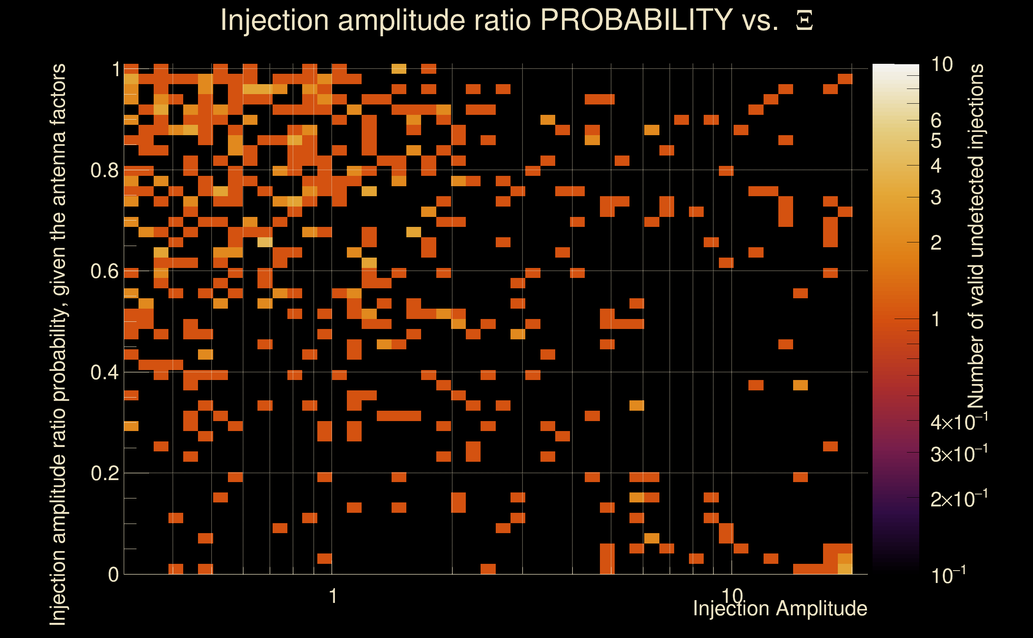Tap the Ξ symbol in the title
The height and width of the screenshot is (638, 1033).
click(804, 21)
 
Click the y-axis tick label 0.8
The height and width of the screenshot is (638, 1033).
click(104, 171)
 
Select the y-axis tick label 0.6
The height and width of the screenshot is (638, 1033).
click(104, 271)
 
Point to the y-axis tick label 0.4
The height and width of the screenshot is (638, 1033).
click(104, 372)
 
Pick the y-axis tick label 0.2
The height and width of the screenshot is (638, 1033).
click(104, 473)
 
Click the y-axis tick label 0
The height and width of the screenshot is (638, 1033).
click(113, 574)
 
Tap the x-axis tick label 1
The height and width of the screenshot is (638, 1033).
click(333, 596)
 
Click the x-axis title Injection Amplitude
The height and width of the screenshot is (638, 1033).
click(780, 608)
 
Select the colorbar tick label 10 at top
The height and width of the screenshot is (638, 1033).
click(942, 65)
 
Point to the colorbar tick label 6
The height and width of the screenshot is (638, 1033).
click(936, 121)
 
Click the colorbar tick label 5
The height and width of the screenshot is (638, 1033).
click(936, 141)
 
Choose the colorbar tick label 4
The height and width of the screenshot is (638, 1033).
click(936, 166)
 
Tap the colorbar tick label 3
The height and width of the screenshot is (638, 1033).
click(936, 197)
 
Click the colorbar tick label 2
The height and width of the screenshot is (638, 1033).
click(936, 242)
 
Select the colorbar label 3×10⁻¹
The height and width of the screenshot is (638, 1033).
click(959, 454)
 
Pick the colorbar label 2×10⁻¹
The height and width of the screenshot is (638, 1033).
click(959, 499)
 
